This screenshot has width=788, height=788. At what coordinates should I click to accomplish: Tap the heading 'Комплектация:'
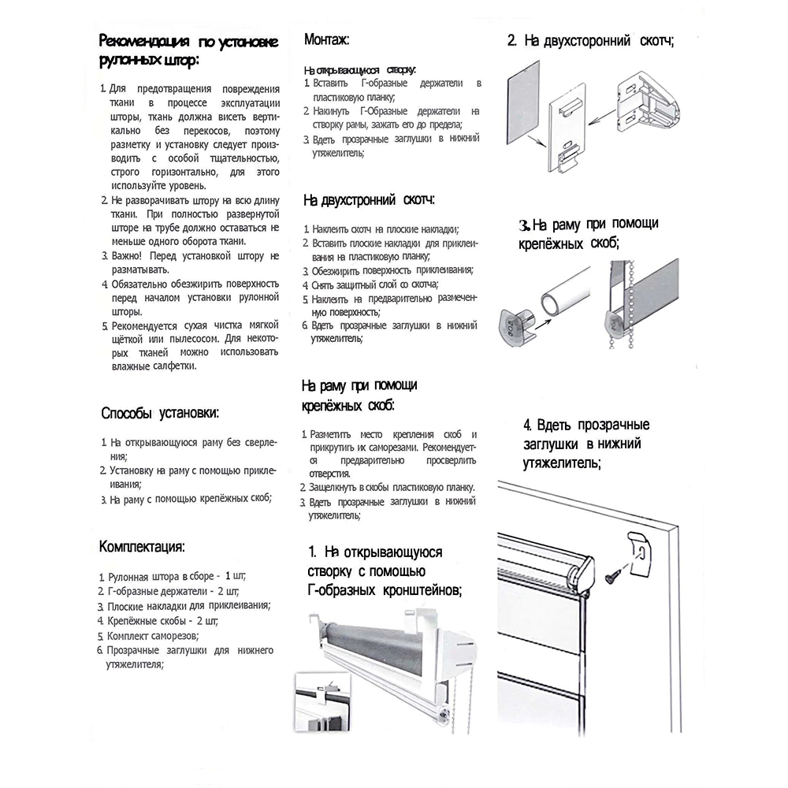point(142,547)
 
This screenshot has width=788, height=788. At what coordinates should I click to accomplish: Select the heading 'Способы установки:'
point(160,413)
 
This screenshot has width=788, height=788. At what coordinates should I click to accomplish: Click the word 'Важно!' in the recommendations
point(128,256)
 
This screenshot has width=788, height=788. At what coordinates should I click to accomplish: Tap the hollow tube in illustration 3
point(561,302)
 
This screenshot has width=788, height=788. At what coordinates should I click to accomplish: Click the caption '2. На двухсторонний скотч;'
point(590,40)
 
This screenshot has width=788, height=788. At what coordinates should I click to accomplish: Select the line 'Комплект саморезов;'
point(154,635)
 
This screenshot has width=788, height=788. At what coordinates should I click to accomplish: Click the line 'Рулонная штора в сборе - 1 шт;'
point(177,576)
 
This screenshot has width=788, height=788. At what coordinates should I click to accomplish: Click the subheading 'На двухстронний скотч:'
point(369,201)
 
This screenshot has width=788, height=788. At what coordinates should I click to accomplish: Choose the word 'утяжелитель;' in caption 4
point(562,464)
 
